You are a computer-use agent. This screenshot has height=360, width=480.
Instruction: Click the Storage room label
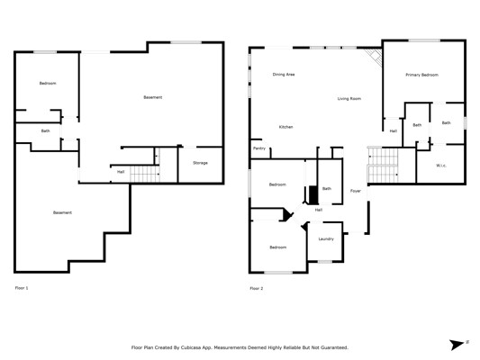(x=200, y=163)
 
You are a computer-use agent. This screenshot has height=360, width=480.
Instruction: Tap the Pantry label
(x=259, y=148)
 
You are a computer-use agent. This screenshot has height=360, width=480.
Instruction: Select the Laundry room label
(x=326, y=238)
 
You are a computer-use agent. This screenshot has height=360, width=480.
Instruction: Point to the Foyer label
(x=356, y=191)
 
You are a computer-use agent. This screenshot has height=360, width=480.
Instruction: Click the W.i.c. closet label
(x=441, y=166)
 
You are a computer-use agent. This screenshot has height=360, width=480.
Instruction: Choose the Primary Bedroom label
(x=421, y=75)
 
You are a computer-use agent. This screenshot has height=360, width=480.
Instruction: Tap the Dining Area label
(x=284, y=75)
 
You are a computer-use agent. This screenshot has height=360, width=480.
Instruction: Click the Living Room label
(x=349, y=98)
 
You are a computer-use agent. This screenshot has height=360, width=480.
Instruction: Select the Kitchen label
(x=285, y=127)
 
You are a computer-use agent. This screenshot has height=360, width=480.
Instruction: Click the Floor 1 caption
(x=22, y=288)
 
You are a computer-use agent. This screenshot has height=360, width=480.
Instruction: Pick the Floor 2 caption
(x=257, y=288)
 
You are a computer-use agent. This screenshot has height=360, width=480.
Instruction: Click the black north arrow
(x=457, y=345)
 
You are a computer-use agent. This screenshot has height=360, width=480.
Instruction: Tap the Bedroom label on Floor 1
(x=48, y=83)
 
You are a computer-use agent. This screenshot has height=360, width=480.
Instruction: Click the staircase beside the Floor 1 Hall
(x=145, y=174)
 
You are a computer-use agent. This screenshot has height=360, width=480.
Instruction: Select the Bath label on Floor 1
(x=45, y=130)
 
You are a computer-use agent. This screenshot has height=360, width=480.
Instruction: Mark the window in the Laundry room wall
(x=325, y=262)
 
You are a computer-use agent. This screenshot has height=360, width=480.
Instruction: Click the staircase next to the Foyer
(x=383, y=165)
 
